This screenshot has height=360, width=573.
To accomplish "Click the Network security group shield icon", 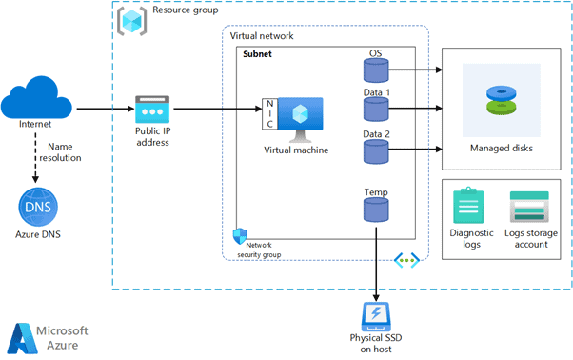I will click(241, 235).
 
